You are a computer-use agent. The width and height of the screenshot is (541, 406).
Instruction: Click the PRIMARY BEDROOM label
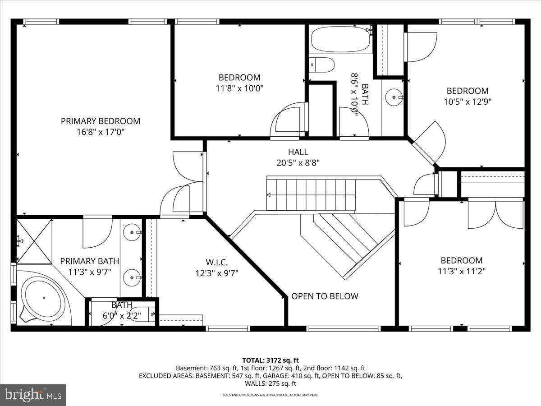point(101,121)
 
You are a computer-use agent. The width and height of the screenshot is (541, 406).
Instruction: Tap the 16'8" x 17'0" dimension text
point(101,132)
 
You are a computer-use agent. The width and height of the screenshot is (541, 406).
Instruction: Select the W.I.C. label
point(217,262)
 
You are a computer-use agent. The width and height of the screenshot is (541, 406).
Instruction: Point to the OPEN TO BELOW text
point(325,296)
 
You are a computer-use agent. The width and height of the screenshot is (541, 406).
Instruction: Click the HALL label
point(298,152)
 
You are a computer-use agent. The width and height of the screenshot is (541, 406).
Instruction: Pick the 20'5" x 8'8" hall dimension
point(298,163)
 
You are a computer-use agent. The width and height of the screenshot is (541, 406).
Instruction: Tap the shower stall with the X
point(34,242)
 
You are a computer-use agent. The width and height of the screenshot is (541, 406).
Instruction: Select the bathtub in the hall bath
point(340,39)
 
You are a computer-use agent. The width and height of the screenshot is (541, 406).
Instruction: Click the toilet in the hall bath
point(321,65)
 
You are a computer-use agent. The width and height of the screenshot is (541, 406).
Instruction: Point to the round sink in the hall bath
point(394,97)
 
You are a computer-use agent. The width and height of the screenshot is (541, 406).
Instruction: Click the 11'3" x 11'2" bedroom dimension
point(462,272)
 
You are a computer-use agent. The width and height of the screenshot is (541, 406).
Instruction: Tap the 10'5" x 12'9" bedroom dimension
point(468,101)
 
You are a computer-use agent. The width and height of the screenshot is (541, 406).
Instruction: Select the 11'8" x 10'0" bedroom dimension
point(239,88)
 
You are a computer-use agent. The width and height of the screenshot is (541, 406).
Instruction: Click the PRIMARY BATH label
point(90,261)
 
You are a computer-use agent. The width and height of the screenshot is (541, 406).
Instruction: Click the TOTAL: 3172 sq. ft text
point(270,360)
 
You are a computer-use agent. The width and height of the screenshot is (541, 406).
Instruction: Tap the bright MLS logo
point(33,395)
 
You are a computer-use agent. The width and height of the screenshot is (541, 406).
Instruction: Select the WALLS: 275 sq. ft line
point(270,383)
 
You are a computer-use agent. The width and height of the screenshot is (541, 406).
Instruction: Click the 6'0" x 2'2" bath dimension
point(122,315)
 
